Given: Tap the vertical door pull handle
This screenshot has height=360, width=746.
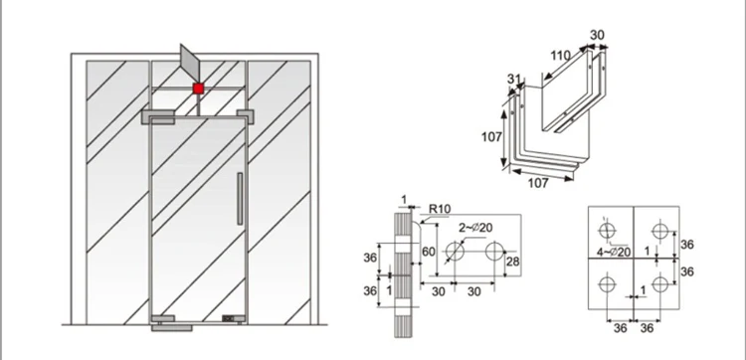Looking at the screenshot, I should point(239,199).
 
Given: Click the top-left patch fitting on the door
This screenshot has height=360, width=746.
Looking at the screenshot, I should point(161,116).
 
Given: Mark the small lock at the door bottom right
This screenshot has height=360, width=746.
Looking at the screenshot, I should point(231,319).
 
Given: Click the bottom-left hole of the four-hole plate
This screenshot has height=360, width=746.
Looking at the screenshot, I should point(605,286).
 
